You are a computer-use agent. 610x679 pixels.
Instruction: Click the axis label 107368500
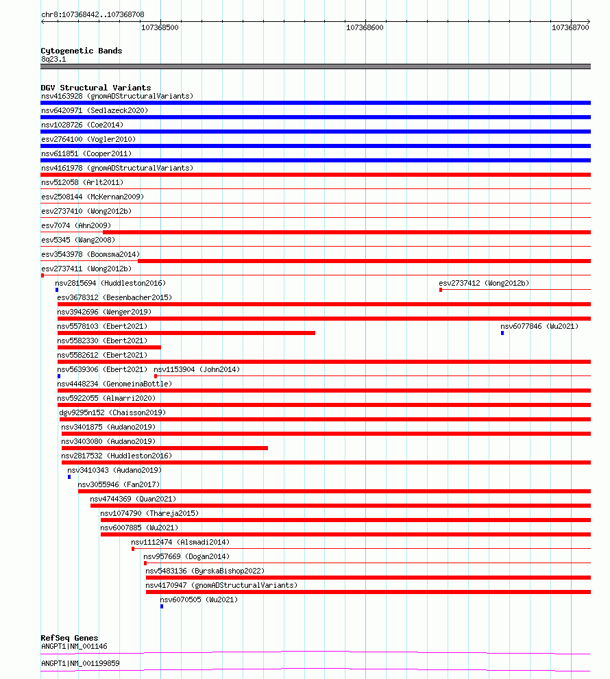pyautogui.click(x=160, y=28)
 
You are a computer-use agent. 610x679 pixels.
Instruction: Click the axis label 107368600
pyautogui.click(x=365, y=28)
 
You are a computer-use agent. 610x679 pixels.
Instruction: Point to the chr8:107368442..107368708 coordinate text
pyautogui.click(x=93, y=14)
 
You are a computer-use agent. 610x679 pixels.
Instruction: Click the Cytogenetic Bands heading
pyautogui.click(x=81, y=51)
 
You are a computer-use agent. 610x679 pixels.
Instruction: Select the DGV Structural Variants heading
pyautogui.click(x=95, y=88)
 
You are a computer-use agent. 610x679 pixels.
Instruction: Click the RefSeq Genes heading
pyautogui.click(x=69, y=638)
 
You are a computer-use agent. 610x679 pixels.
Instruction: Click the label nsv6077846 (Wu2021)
pyautogui.click(x=539, y=326)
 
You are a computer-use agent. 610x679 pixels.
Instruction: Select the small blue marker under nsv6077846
pyautogui.click(x=502, y=333)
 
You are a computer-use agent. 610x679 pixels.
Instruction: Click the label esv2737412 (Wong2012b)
pyautogui.click(x=483, y=283)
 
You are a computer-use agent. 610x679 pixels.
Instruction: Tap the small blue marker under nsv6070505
pyautogui.click(x=162, y=606)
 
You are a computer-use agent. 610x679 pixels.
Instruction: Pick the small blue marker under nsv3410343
pyautogui.click(x=69, y=477)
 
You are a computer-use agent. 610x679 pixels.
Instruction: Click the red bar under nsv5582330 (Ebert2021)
pyautogui.click(x=109, y=347)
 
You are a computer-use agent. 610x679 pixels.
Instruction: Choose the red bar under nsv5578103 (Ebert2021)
pyautogui.click(x=186, y=333)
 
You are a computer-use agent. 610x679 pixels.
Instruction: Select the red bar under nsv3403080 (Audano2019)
pyautogui.click(x=164, y=448)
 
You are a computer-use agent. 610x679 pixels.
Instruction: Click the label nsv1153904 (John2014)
pyautogui.click(x=196, y=369)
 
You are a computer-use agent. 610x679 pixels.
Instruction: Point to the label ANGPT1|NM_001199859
pyautogui.click(x=80, y=663)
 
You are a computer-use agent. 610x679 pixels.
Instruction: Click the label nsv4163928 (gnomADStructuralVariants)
pyautogui.click(x=117, y=96)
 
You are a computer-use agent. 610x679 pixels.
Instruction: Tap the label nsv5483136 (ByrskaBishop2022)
pyautogui.click(x=204, y=571)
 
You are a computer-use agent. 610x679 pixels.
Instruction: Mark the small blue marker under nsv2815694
pyautogui.click(x=57, y=290)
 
